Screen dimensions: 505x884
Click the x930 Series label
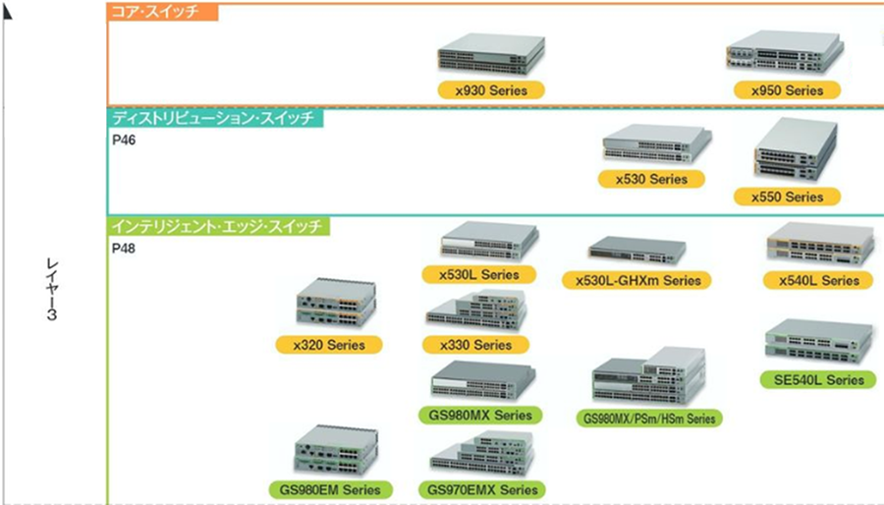(491, 90)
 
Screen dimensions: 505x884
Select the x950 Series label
(787, 90)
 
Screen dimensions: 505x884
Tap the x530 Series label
(651, 180)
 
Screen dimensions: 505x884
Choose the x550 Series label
(787, 196)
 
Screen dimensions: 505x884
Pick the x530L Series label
(479, 274)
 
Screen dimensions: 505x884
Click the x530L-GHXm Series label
(637, 280)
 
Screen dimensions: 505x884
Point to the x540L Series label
(819, 280)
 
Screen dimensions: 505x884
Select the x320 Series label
(328, 345)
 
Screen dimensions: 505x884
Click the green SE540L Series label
(817, 379)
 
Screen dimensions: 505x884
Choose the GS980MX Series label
(480, 415)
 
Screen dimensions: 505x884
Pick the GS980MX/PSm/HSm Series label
(649, 419)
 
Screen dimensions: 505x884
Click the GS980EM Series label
(330, 489)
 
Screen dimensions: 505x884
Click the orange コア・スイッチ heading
(162, 12)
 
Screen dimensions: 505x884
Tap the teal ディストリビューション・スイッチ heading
(214, 118)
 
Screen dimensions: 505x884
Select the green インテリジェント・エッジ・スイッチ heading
(217, 227)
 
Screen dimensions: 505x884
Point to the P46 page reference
(124, 140)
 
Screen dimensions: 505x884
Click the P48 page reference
(124, 249)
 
